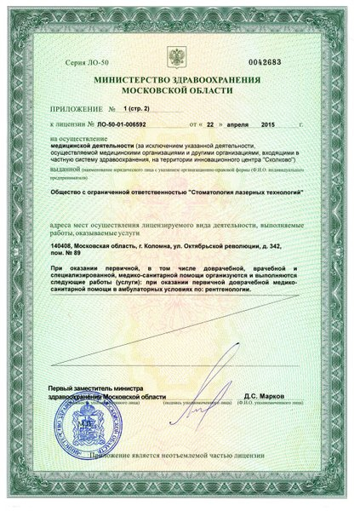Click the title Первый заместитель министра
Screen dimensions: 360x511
point(100,388)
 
